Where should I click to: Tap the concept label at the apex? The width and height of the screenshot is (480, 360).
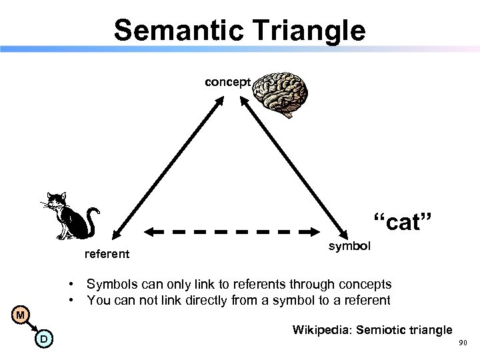pyautogui.click(x=227, y=82)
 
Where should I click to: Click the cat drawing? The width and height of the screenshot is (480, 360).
pyautogui.click(x=72, y=215)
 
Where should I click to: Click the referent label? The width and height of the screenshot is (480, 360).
pyautogui.click(x=106, y=254)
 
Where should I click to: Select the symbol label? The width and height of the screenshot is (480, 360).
pyautogui.click(x=350, y=246)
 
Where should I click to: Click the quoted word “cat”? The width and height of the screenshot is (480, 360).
pyautogui.click(x=403, y=222)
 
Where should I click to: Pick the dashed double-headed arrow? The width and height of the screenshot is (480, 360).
pyautogui.click(x=230, y=232)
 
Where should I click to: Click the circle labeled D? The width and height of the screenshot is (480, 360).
pyautogui.click(x=43, y=340)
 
